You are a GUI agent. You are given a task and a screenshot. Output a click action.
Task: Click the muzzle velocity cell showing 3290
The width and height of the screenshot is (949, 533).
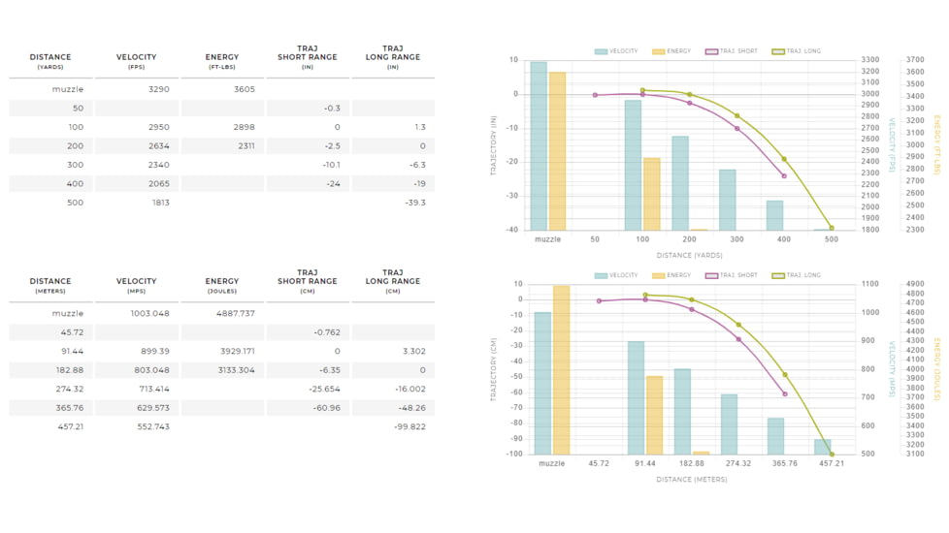tap(158, 89)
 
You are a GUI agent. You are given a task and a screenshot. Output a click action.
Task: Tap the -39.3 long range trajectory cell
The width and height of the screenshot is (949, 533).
tap(415, 203)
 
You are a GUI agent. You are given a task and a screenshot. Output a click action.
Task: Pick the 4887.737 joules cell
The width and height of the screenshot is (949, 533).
tap(236, 313)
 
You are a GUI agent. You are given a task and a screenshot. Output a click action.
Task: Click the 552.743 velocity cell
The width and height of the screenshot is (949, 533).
tap(153, 426)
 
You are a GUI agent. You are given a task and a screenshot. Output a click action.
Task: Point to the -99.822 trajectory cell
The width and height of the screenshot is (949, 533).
tap(409, 426)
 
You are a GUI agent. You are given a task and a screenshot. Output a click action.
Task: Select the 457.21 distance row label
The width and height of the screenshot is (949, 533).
tap(71, 426)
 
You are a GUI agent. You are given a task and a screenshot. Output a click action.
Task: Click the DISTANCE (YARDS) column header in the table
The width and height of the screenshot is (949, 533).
tap(50, 61)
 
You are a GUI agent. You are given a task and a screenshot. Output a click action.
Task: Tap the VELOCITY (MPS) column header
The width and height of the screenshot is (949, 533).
tap(136, 285)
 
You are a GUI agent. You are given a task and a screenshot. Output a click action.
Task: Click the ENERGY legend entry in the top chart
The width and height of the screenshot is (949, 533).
tap(671, 51)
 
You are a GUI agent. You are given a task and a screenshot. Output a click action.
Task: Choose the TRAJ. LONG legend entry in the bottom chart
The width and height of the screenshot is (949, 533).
tap(797, 275)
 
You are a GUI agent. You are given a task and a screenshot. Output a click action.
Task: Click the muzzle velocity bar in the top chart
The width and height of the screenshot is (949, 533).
tap(539, 145)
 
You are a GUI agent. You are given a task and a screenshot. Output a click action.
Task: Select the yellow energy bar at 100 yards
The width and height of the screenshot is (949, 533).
tap(652, 194)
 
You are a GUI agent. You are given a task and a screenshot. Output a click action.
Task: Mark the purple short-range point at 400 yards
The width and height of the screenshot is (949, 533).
tap(784, 175)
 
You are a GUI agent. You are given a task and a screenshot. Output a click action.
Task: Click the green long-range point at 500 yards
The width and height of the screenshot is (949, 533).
tap(832, 228)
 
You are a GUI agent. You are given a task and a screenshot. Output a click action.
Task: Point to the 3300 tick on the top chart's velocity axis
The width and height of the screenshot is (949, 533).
tap(870, 60)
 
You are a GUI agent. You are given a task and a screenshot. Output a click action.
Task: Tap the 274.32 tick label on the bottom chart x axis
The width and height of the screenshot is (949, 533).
tap(737, 463)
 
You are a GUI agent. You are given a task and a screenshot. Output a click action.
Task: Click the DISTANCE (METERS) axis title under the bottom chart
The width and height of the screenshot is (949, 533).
tap(692, 480)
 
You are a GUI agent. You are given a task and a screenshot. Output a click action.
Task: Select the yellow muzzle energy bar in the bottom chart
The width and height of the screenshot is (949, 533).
tap(561, 370)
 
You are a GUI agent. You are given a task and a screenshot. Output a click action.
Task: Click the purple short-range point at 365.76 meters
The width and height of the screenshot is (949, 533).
tap(785, 394)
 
